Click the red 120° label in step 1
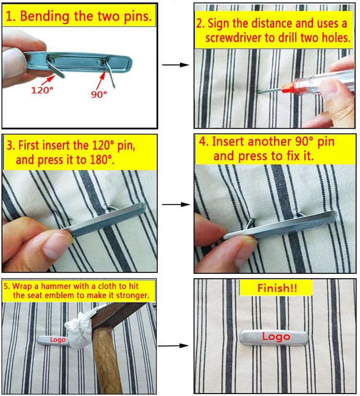(x=42, y=90)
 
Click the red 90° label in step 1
(x=99, y=95)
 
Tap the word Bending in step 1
(x=45, y=16)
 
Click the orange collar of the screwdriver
(x=288, y=88)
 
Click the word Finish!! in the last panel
(x=277, y=288)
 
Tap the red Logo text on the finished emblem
(x=276, y=336)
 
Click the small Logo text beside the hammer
(x=58, y=340)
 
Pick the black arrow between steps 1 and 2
(x=175, y=65)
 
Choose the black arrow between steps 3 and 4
(x=176, y=204)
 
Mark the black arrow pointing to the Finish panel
(x=173, y=346)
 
